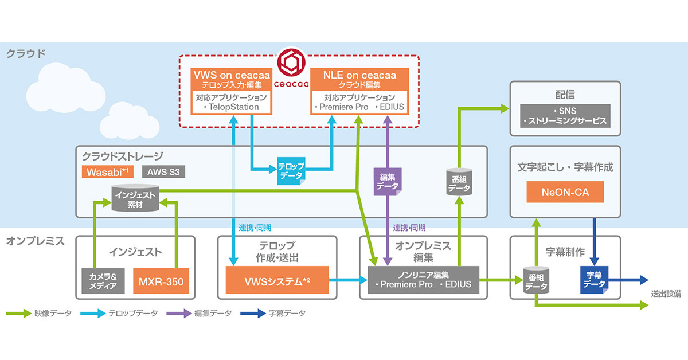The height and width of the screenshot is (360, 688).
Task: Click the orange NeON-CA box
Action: [565, 192]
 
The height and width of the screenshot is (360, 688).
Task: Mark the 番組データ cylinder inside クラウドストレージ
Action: [459, 182]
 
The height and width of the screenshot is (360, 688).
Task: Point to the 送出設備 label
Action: [666, 294]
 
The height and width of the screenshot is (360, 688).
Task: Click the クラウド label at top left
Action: [26, 54]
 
